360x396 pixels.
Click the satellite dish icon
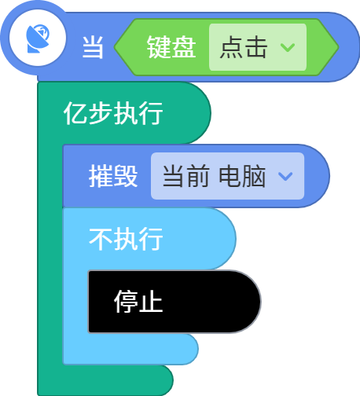coord(38,38)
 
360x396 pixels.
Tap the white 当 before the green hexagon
coord(93,47)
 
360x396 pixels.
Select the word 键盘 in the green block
coord(171,47)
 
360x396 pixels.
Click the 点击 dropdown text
coord(244,47)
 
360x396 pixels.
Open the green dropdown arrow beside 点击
coord(288,47)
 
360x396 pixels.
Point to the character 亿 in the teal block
coord(75,113)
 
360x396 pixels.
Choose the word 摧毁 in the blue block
coord(113,176)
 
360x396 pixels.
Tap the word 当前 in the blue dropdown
coord(186,176)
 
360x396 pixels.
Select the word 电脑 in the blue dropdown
coord(242,176)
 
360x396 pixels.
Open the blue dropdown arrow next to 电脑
coord(285,176)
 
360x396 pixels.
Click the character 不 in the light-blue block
coord(101,239)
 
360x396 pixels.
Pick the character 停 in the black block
coord(126,302)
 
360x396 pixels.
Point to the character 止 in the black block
coord(151,302)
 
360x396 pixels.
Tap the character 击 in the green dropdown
coord(255,47)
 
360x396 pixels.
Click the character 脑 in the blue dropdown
coord(255,176)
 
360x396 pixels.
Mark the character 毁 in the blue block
coord(126,176)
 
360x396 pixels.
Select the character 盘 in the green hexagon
coord(184,47)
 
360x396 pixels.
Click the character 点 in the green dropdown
coord(232,47)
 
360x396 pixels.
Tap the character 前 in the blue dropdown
coord(198,176)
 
